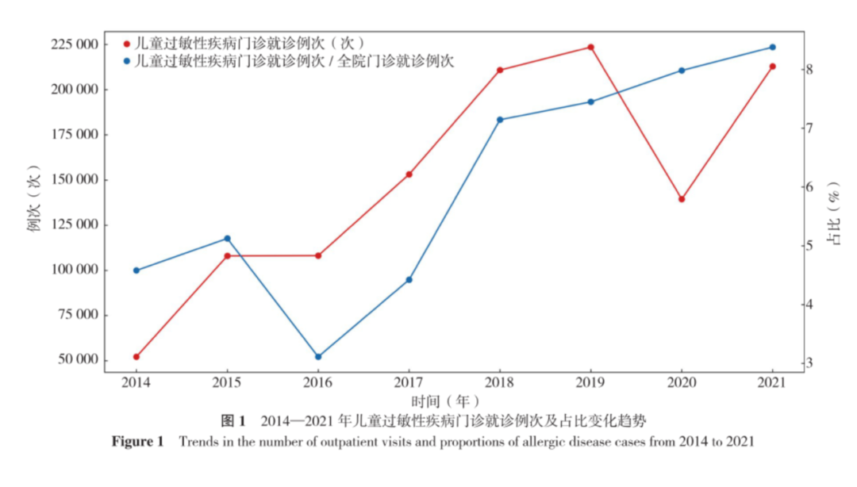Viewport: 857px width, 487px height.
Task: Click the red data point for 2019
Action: [x=591, y=48]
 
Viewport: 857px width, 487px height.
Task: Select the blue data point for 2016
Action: [x=319, y=357]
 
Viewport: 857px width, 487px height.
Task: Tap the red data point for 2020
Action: [x=682, y=200]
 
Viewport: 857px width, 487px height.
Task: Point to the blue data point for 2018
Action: [x=500, y=120]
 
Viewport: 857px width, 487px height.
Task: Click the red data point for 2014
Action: [x=136, y=357]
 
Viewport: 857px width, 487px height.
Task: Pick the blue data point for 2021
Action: [x=772, y=48]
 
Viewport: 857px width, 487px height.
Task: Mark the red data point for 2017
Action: [x=409, y=175]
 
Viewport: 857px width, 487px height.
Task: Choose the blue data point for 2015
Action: [x=228, y=239]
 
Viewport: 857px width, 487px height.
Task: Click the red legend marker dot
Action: [x=127, y=44]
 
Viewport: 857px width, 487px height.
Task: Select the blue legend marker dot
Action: [x=127, y=61]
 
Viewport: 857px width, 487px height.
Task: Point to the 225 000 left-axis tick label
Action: [x=75, y=44]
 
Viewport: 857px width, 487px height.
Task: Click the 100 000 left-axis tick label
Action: [x=75, y=270]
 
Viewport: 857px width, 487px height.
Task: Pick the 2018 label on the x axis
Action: [x=500, y=382]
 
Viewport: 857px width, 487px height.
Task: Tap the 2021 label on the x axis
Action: [x=772, y=382]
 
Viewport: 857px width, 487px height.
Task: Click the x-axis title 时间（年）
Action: [x=445, y=401]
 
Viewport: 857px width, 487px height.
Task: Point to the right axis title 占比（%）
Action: [x=834, y=213]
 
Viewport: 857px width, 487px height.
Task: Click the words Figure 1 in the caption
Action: [x=138, y=442]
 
